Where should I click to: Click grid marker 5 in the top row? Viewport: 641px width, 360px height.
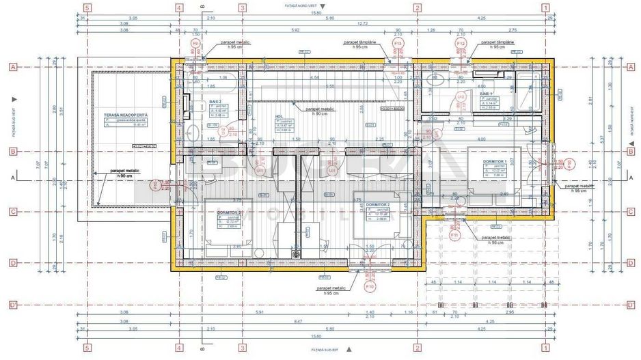coord(87,8)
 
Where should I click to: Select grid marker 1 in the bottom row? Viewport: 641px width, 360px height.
coord(545,348)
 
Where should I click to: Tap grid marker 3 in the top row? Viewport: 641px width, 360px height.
coord(242,8)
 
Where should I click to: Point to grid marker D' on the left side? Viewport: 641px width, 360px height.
coord(12,305)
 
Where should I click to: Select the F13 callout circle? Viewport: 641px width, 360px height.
coord(397,43)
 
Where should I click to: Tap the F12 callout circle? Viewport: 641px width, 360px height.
coord(461,44)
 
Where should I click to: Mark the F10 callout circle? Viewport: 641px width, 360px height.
coord(370,287)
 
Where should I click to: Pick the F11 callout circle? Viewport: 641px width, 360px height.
coord(454,234)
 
